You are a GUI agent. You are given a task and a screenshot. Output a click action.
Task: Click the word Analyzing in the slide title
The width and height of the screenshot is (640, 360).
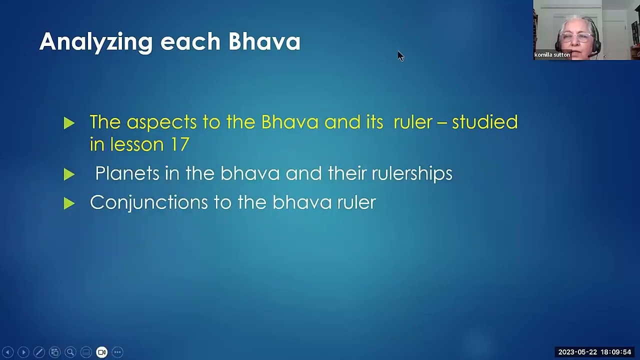[x=95, y=41]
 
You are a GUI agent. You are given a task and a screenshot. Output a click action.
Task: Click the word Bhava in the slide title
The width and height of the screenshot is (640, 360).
[x=264, y=41]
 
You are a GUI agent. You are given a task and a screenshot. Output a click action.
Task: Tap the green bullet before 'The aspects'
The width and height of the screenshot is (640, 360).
[x=69, y=123]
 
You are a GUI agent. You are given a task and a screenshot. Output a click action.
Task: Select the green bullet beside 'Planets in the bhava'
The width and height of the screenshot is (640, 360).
[x=69, y=174]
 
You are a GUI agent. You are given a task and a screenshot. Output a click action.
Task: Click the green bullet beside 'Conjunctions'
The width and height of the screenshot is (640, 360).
[x=69, y=203]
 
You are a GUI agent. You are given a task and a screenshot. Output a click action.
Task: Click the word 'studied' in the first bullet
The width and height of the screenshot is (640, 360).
[x=484, y=122]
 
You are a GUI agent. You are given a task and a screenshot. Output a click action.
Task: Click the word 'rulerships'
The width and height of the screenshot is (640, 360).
[x=411, y=173]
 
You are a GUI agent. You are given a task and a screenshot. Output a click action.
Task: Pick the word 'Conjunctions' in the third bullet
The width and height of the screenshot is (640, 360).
[x=149, y=202]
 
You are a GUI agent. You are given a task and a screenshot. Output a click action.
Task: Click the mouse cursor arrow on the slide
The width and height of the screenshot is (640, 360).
[x=400, y=55]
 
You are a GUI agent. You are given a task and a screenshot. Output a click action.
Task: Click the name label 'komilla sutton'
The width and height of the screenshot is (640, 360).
[x=552, y=55]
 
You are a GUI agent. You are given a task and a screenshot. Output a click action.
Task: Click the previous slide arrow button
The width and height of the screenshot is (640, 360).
[x=7, y=352]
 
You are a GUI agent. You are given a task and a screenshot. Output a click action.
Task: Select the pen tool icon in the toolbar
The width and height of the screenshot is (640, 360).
[x=39, y=352]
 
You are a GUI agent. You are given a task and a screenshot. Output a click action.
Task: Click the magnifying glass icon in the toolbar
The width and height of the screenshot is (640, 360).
[x=70, y=352]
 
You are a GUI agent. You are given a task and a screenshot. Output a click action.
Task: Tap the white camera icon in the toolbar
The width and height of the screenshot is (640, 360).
[x=101, y=352]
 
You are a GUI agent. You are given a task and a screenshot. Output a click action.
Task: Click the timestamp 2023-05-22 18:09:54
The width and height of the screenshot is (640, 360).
[x=594, y=352]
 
